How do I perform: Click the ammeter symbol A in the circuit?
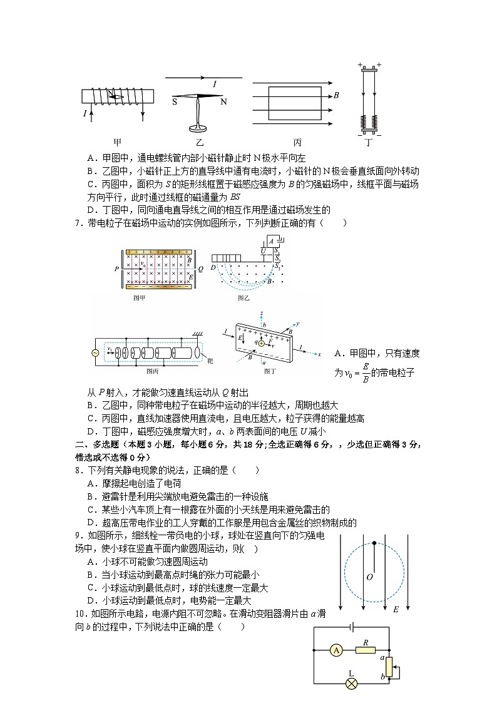pyautogui.click(x=336, y=650)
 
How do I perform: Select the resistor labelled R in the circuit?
pyautogui.click(x=364, y=650)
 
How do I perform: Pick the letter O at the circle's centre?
pyautogui.click(x=370, y=577)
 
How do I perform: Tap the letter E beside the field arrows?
pyautogui.click(x=395, y=608)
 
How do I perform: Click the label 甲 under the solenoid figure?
pyautogui.click(x=117, y=142)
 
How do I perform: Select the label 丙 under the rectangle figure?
pyautogui.click(x=297, y=142)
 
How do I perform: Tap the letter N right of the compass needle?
pyautogui.click(x=223, y=101)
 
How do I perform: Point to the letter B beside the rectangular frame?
pyautogui.click(x=336, y=96)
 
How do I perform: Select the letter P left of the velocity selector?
pyautogui.click(x=116, y=269)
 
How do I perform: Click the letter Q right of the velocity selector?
pyautogui.click(x=200, y=269)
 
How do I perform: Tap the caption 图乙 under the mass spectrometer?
pyautogui.click(x=243, y=299)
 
